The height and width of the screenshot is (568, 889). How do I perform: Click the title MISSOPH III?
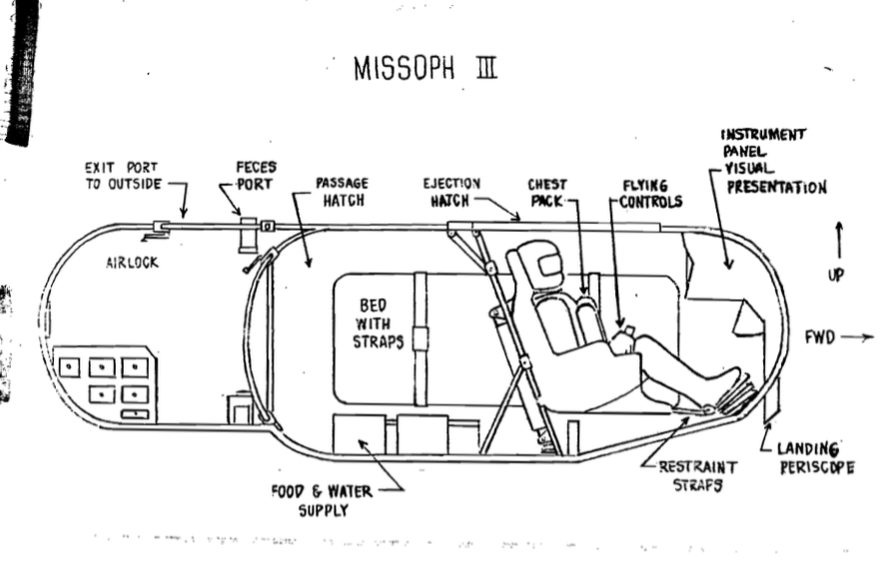426,71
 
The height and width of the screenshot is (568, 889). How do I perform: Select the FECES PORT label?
256,176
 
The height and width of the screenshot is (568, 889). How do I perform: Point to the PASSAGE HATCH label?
342,192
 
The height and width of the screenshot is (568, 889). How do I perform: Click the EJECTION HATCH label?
452,192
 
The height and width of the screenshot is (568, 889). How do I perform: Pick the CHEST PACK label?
547,193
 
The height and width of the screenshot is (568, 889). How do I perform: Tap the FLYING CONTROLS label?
645,193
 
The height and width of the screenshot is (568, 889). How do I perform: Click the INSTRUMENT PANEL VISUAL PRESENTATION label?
773,161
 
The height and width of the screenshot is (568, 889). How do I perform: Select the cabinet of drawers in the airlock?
105,382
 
